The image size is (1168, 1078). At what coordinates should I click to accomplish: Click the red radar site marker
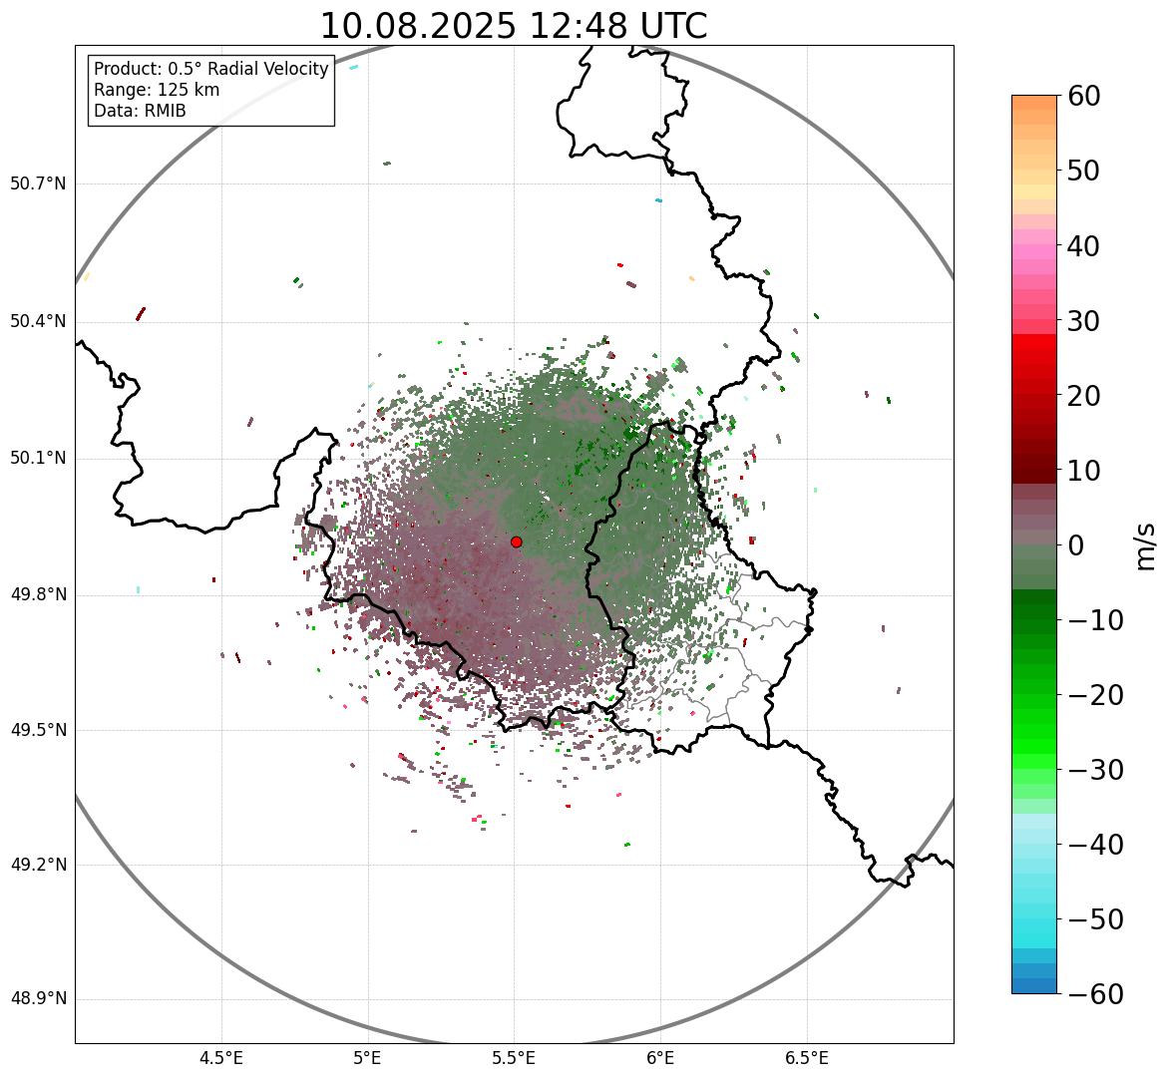click(x=516, y=541)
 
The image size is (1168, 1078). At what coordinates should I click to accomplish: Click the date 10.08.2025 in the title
click(x=417, y=26)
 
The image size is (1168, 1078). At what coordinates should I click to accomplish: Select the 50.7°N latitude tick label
click(x=38, y=184)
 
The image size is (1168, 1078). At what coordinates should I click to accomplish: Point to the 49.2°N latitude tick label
click(x=38, y=865)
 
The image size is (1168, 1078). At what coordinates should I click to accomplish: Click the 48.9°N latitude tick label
click(x=38, y=999)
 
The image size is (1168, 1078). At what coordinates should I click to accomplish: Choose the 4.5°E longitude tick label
click(x=221, y=1058)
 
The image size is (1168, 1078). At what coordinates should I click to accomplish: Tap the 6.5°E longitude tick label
click(x=806, y=1058)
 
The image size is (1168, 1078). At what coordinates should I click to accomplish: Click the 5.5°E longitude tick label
click(x=514, y=1058)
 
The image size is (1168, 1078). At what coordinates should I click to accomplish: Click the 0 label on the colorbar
click(x=1076, y=545)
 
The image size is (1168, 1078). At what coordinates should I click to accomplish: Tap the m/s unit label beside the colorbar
click(x=1147, y=545)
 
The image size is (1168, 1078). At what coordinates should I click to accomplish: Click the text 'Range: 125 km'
click(x=157, y=90)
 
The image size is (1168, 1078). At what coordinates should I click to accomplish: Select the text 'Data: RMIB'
click(x=140, y=111)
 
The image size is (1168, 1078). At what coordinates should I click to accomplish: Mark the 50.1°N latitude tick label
click(x=38, y=459)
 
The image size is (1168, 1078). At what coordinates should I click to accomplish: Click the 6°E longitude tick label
click(x=659, y=1058)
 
